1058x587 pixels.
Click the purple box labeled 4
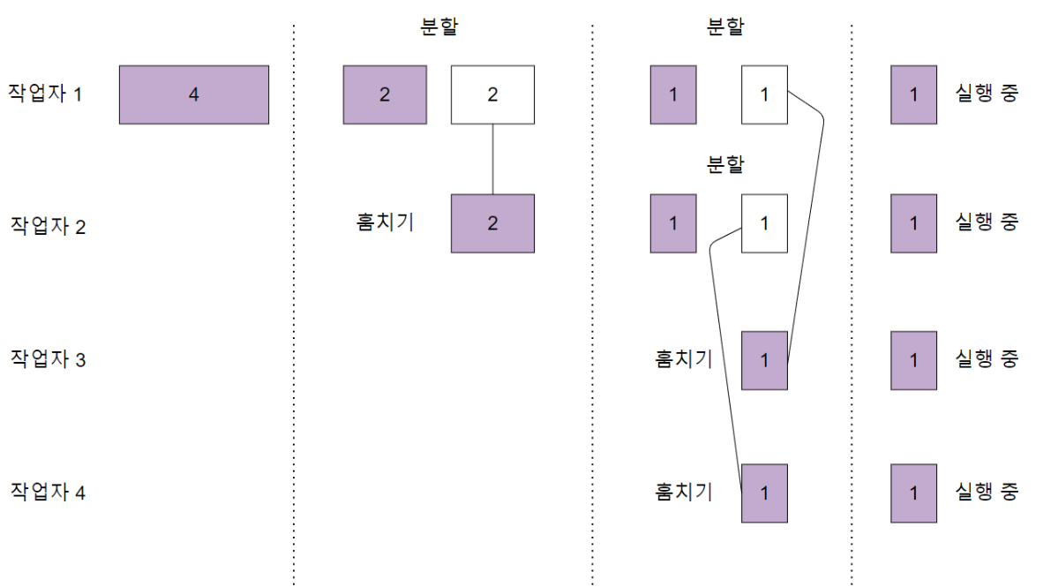click(194, 94)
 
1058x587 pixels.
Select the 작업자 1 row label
click(46, 93)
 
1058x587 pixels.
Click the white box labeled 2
click(492, 94)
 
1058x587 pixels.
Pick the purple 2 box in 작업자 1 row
click(385, 94)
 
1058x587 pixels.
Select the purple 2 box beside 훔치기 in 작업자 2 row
click(492, 223)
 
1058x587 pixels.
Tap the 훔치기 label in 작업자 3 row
click(683, 359)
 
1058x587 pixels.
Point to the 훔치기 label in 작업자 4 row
click(683, 492)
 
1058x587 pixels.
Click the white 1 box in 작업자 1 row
click(764, 94)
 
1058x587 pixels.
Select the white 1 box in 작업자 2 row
click(764, 223)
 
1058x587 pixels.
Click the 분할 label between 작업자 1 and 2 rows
click(725, 165)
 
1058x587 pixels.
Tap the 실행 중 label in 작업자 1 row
click(987, 93)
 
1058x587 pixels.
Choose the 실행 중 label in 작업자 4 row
click(987, 492)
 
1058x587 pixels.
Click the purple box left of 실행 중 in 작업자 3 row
click(913, 360)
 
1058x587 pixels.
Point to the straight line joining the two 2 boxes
click(492, 159)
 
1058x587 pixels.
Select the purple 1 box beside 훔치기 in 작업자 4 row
click(764, 493)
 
